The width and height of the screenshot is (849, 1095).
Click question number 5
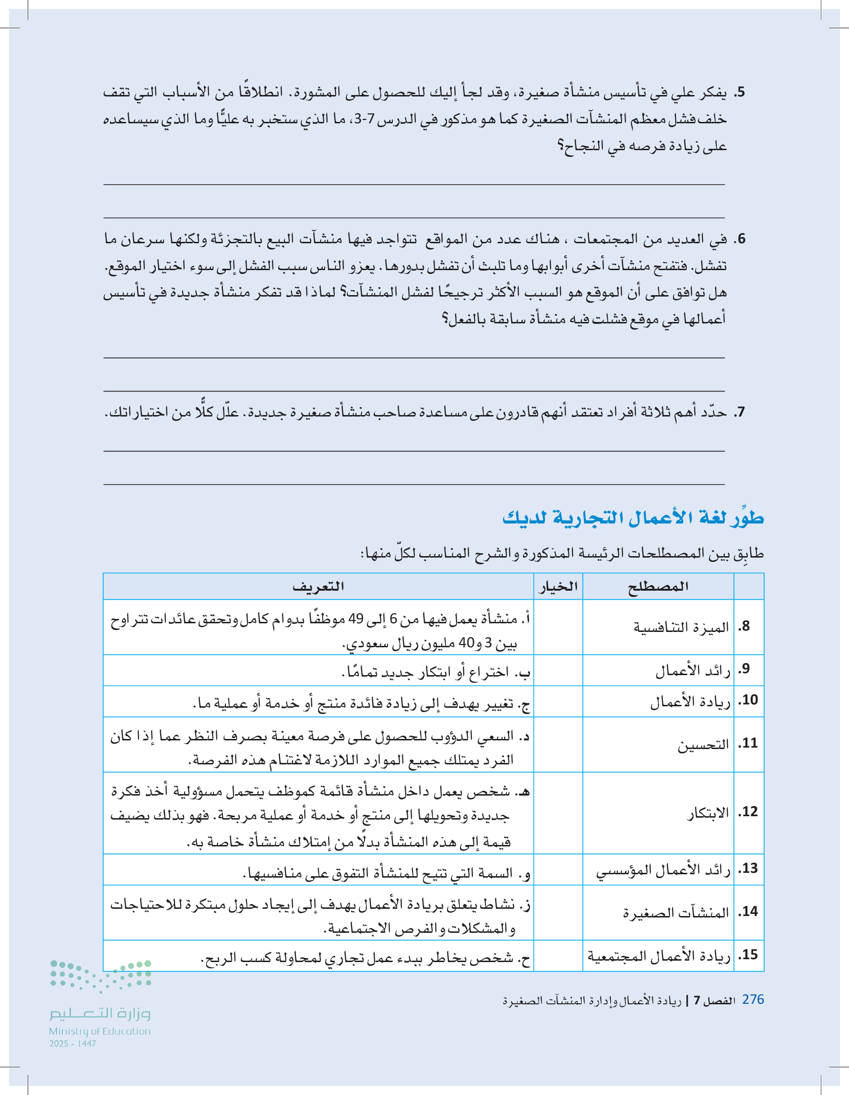[740, 93]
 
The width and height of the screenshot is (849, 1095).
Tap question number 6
[740, 239]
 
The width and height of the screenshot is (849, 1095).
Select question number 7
[740, 413]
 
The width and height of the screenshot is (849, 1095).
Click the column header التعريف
[318, 586]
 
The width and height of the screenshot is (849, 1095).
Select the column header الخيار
[558, 586]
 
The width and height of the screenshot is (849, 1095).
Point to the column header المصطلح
[658, 586]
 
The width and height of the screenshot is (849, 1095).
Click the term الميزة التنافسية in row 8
[681, 627]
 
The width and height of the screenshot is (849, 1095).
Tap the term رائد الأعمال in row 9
[693, 670]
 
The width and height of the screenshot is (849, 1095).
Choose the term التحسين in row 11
[703, 745]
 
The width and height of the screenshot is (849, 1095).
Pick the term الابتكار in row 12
[707, 813]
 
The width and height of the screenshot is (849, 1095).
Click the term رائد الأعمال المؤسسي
[662, 870]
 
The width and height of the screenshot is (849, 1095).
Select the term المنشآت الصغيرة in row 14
[675, 913]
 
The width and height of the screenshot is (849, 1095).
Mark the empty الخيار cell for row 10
[558, 702]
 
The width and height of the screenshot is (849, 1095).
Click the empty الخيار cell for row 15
[558, 956]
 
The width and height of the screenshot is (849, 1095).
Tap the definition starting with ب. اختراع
[435, 671]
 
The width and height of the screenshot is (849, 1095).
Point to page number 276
[753, 999]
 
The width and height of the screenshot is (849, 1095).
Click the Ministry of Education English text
[100, 1031]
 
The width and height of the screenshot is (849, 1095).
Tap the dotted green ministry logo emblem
[100, 975]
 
